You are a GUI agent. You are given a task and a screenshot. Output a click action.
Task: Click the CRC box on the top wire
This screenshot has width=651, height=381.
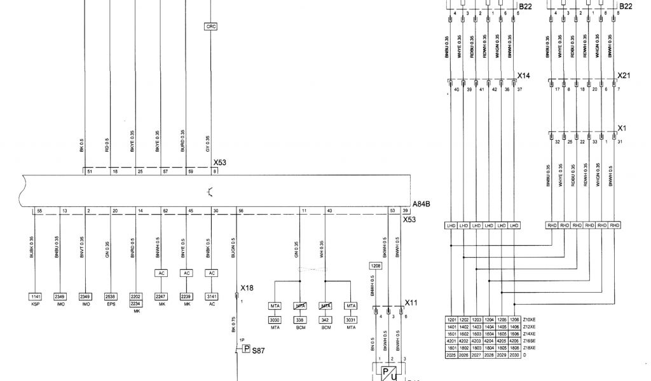point(211,27)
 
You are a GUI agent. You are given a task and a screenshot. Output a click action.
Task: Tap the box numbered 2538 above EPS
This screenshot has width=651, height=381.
point(110,297)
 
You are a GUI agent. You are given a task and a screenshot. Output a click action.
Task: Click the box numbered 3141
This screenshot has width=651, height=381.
point(212,297)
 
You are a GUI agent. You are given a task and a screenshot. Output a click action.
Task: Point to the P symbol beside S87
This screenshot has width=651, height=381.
point(246,349)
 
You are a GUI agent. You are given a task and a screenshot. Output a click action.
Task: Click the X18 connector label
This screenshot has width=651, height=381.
point(247,288)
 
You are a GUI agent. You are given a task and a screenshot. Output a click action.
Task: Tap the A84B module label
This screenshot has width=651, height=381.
point(421,204)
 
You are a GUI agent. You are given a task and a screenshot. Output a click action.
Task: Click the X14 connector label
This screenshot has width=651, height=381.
point(523,75)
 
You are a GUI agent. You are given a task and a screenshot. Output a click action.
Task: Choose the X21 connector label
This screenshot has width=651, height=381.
point(624,75)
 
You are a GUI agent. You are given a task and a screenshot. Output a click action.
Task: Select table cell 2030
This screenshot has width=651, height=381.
point(515,356)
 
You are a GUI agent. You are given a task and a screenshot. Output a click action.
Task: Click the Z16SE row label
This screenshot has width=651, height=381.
point(530,341)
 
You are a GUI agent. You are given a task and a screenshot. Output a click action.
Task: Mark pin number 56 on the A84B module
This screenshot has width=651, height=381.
point(240,210)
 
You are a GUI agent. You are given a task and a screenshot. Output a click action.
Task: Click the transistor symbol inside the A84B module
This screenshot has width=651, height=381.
point(210,190)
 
